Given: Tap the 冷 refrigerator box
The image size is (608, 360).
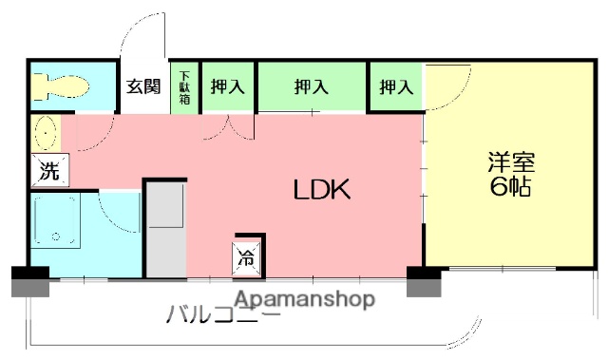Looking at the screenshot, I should tap(246, 255).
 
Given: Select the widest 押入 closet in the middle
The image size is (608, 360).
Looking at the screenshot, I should tap(311, 87).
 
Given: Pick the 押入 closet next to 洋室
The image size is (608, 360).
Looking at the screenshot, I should tap(396, 87).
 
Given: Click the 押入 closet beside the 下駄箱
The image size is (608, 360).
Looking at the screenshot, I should tap(227, 87).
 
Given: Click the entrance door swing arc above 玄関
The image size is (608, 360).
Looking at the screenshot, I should tap(142, 38).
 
